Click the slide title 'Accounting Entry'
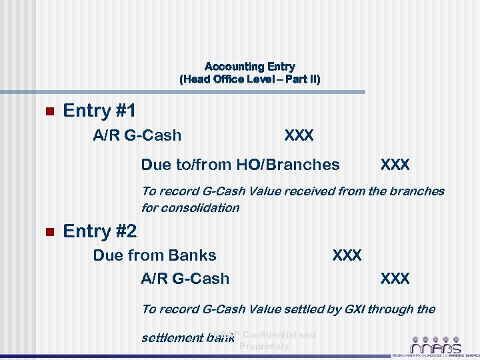pos(249,67)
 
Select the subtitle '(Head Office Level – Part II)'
pos(249,79)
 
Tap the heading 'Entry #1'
pos(99,111)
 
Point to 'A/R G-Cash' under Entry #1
pos(137,135)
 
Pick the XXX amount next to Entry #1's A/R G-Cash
pos(299,135)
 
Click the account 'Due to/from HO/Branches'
pos(240,164)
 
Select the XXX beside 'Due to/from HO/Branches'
pos(395,164)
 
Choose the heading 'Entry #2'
pos(99,231)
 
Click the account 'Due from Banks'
pos(155,255)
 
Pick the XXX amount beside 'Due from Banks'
pos(347,255)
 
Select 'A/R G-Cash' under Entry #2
pos(185,278)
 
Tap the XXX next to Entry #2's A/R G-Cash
pos(395,278)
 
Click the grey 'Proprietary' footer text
pos(264,346)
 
